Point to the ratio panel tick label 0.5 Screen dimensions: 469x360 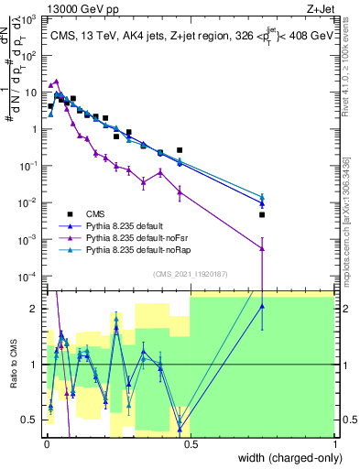[x=31, y=420]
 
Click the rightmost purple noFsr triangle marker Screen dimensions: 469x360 [x=262, y=248]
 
